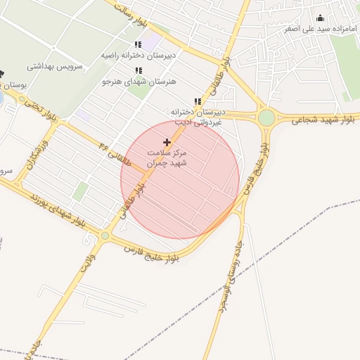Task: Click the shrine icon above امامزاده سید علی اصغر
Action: (321, 18)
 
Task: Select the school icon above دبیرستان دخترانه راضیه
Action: (139, 44)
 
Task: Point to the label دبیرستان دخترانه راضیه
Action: (138, 54)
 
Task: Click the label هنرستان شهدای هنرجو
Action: (139, 82)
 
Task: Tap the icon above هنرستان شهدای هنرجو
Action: (139, 71)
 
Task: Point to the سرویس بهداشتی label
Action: (55, 67)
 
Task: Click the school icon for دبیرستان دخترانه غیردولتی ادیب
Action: (197, 102)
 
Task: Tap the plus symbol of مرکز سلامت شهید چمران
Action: (167, 142)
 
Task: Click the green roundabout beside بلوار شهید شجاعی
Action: (266, 117)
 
